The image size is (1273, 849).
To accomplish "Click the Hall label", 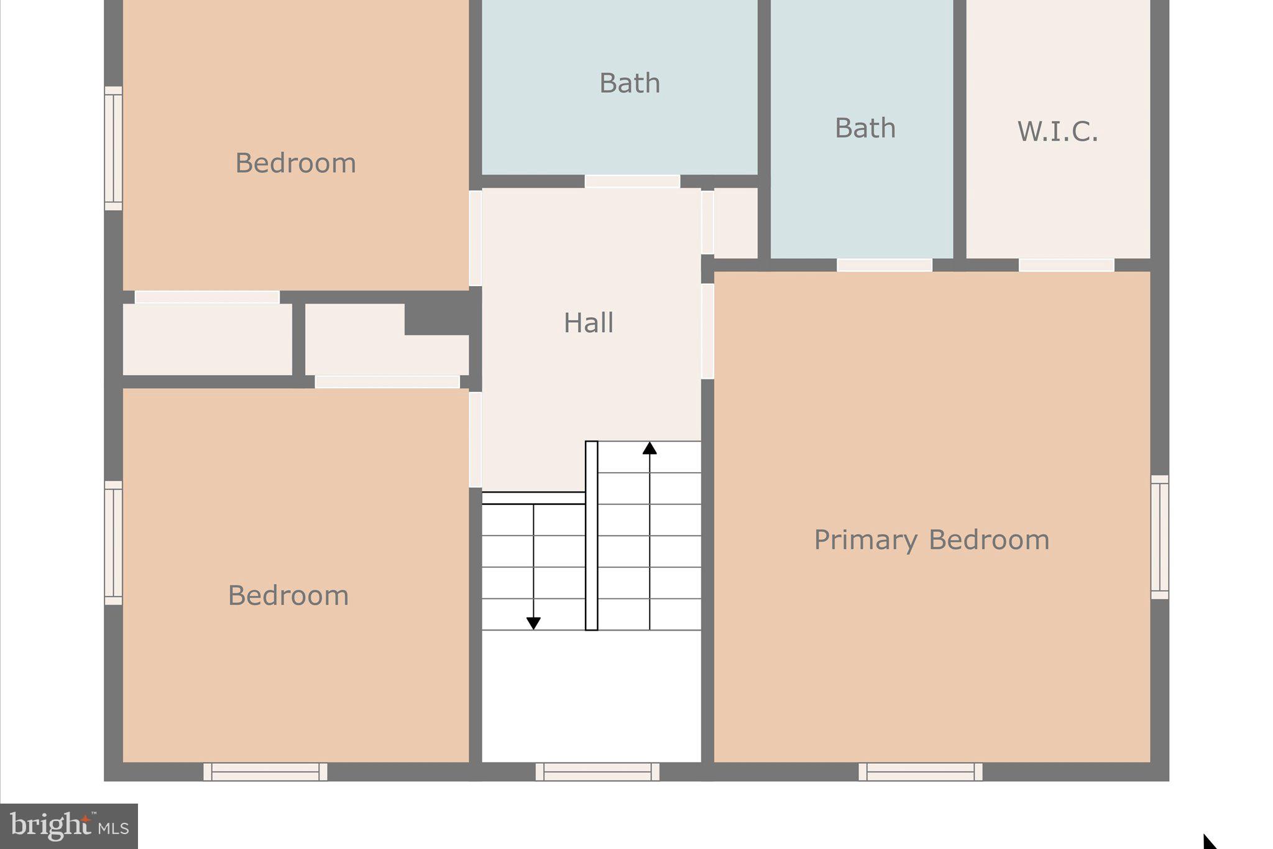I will [588, 323].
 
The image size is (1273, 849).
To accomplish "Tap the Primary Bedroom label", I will [931, 540].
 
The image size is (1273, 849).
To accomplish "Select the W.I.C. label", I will [1057, 132].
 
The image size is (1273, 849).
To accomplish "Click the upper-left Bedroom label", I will [295, 163].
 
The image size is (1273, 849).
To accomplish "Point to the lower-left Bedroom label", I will [288, 596].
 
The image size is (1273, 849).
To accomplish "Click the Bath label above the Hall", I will [629, 83].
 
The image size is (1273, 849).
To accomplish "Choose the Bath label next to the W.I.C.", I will [865, 128].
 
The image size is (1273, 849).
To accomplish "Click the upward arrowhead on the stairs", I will [650, 448].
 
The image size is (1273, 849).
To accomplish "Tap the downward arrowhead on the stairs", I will [533, 623].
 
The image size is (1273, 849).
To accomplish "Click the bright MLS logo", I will [69, 826].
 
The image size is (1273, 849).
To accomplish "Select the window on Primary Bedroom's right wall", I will [1160, 537].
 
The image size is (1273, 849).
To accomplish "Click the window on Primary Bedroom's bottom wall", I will [920, 771].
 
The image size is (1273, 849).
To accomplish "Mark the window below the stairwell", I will [597, 771].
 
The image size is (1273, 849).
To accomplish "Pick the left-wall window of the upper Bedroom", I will [113, 148].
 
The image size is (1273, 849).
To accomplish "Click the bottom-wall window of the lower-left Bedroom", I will [265, 771].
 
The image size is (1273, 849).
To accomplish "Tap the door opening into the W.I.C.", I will [1066, 265].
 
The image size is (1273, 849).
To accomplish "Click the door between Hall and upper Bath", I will [632, 182].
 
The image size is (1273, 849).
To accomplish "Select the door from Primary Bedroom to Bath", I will [884, 265].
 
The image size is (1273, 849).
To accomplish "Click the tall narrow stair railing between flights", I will [591, 536].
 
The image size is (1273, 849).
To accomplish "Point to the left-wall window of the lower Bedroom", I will [113, 542].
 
